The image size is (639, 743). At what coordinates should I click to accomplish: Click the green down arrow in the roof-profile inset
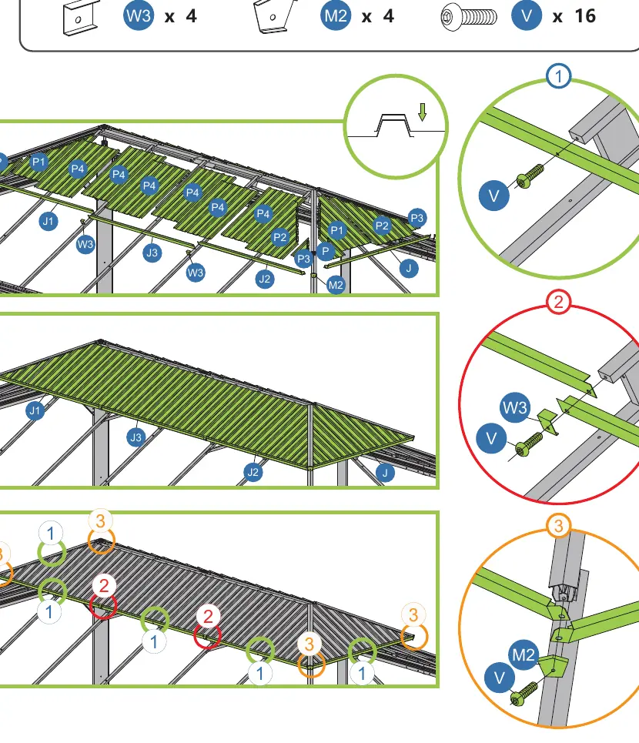(x=423, y=112)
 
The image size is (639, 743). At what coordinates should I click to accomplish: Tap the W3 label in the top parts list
(x=139, y=15)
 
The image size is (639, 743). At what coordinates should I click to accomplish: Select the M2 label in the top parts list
(x=336, y=15)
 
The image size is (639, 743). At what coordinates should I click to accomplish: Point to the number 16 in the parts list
(x=585, y=16)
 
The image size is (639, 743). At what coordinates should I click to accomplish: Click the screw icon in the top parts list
(x=469, y=18)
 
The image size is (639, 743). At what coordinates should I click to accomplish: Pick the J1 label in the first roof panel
(x=49, y=221)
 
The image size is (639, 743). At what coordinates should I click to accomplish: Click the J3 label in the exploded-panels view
(x=152, y=253)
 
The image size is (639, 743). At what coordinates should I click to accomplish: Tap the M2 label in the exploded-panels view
(x=336, y=285)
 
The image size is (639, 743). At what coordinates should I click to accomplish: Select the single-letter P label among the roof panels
(x=325, y=251)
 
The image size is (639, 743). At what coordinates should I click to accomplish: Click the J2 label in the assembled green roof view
(x=253, y=472)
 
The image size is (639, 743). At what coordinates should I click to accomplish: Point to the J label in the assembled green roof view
(x=385, y=473)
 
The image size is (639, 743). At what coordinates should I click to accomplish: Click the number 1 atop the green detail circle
(x=558, y=75)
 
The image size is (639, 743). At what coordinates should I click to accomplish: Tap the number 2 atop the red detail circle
(x=558, y=302)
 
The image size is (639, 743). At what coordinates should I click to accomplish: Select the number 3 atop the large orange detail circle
(x=558, y=526)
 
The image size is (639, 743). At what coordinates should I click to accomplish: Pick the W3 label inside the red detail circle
(x=515, y=407)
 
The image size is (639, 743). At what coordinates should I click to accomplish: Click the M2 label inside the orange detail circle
(x=524, y=655)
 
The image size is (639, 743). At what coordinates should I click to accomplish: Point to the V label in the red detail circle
(x=492, y=438)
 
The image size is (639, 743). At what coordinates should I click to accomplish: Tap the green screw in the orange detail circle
(x=524, y=693)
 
